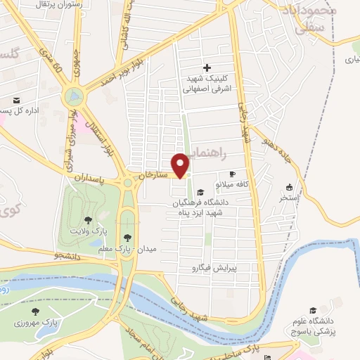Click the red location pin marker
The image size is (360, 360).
181,165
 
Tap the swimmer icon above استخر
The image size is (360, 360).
289,187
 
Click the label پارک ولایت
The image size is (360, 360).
89,231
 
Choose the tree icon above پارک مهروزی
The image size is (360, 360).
35,311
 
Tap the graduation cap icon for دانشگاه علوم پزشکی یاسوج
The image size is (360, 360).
313,310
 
